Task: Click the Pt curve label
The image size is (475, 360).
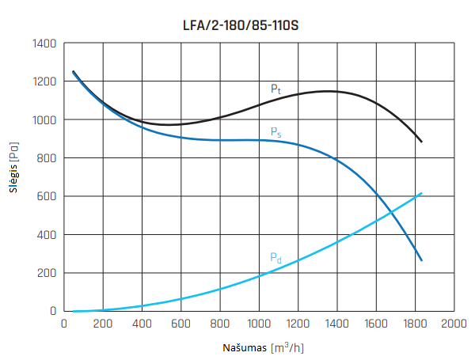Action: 275,89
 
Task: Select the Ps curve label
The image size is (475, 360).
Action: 275,132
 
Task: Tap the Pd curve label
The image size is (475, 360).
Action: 275,257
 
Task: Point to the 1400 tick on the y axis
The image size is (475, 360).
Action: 44,44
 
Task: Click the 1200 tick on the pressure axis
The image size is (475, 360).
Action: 44,81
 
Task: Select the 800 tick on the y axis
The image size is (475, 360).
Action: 47,158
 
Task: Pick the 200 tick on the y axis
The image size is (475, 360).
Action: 47,273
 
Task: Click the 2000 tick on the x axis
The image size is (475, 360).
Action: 454,324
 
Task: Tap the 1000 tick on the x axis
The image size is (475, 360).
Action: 259,324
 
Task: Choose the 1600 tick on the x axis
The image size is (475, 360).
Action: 376,324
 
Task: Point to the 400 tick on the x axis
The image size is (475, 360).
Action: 142,324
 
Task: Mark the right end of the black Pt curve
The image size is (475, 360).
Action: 422,142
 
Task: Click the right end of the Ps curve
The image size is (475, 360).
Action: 422,260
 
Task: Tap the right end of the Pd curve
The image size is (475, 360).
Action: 422,193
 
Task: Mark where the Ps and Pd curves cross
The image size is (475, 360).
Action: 389,212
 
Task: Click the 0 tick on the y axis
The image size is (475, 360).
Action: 54,311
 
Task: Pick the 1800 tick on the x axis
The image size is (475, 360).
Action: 415,324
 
